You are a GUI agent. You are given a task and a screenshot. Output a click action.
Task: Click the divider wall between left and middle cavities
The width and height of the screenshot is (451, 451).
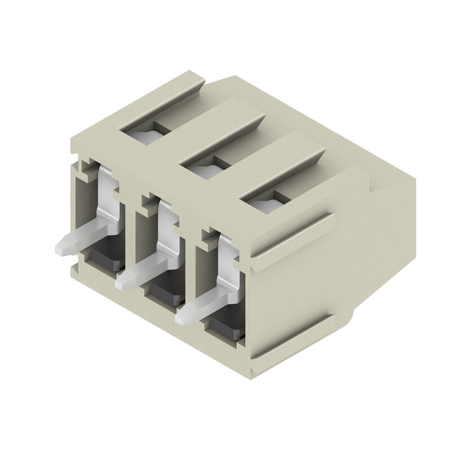131,237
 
